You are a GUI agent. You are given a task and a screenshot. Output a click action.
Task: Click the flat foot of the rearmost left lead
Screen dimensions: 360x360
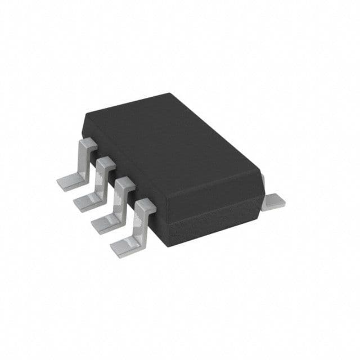click(x=69, y=181)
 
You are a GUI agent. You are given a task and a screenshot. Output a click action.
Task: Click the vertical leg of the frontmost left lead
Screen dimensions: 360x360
click(x=140, y=222)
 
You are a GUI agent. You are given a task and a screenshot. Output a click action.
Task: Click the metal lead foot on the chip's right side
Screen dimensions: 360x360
click(x=274, y=201)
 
